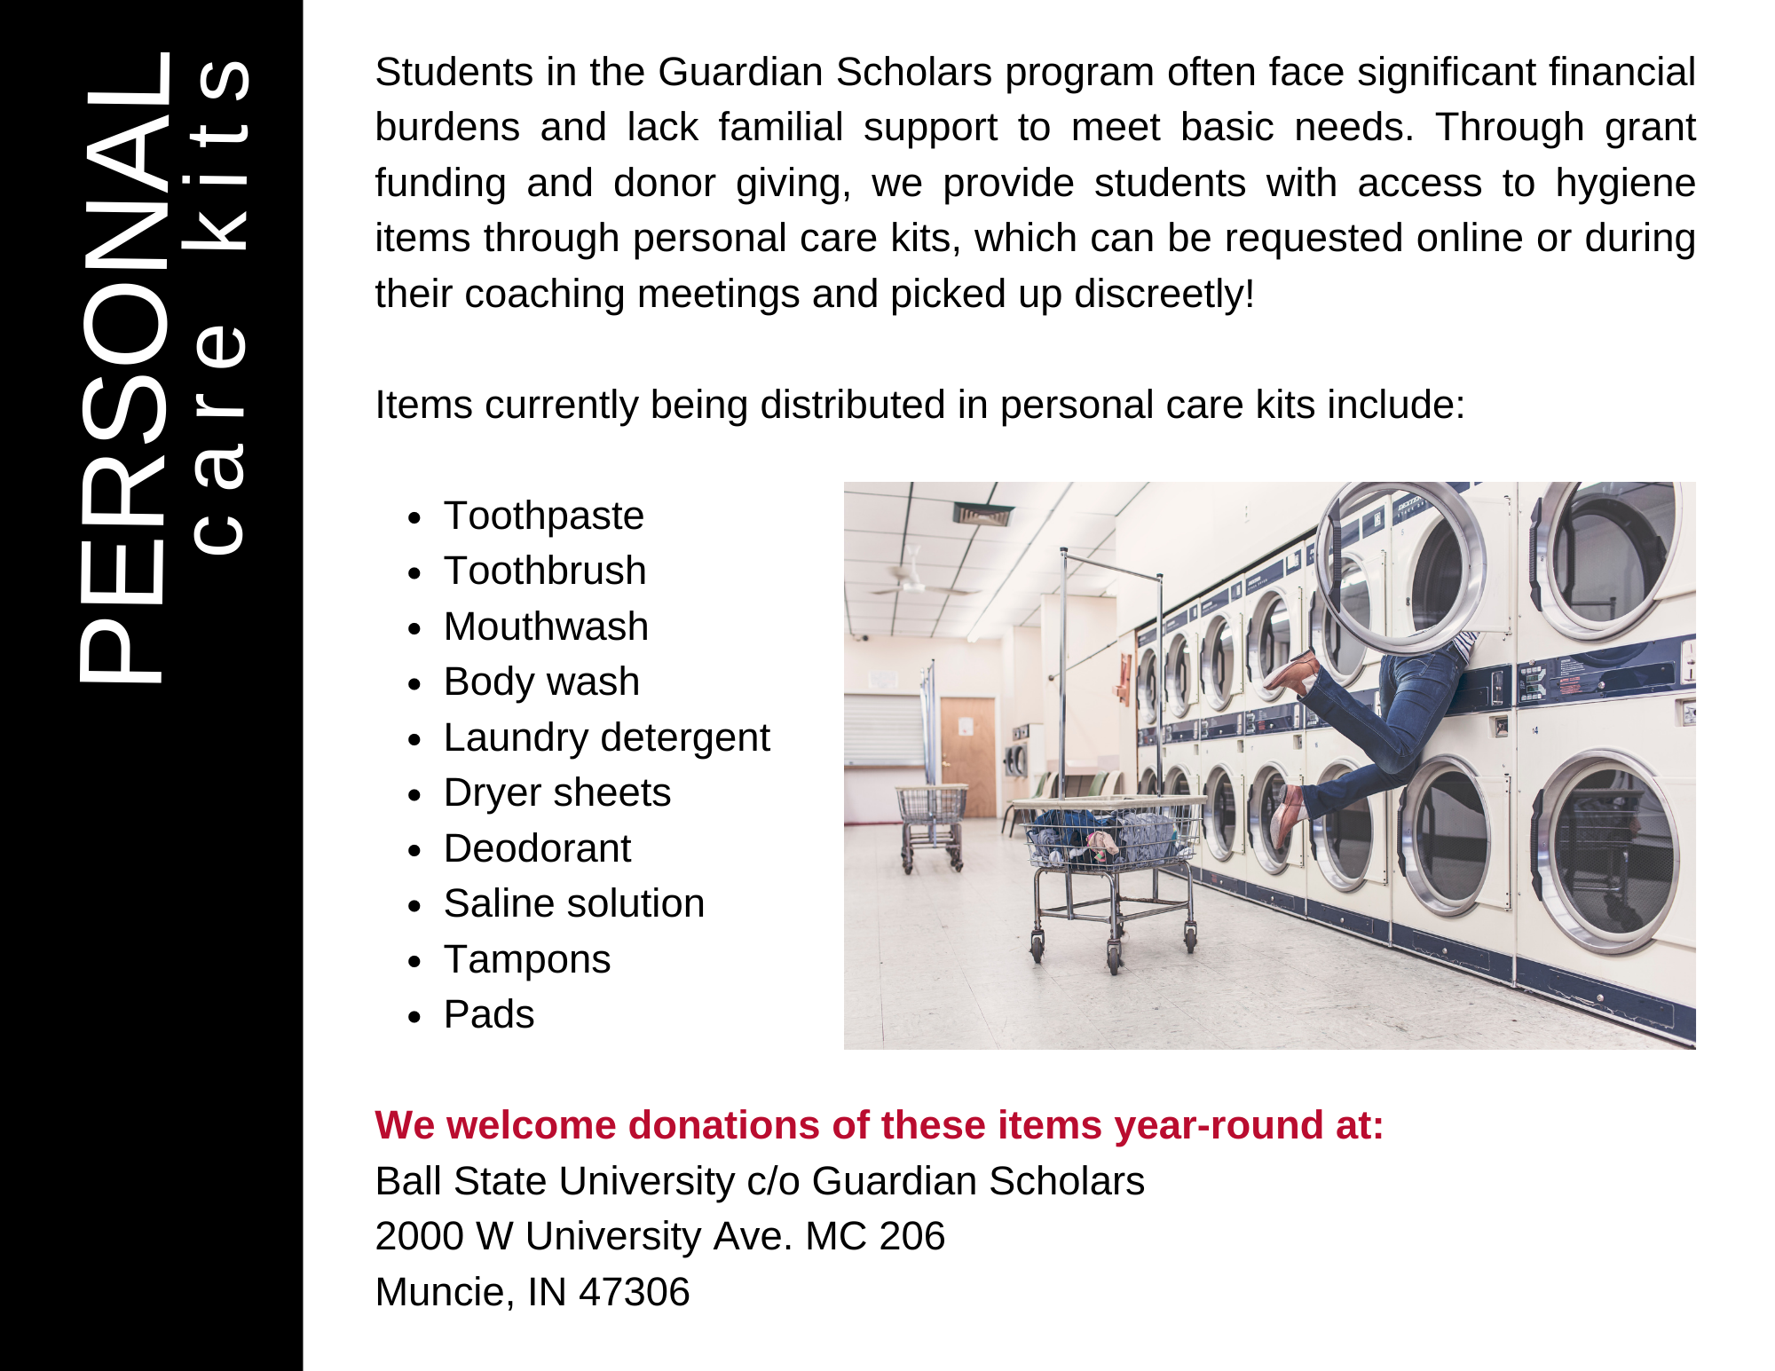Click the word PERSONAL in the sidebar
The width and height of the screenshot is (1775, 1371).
[x=124, y=368]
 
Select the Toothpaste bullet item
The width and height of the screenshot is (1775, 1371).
[x=543, y=516]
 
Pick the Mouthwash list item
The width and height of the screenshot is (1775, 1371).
[x=546, y=626]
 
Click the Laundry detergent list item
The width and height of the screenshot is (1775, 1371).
[x=606, y=737]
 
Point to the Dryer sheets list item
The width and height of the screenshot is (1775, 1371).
[x=556, y=792]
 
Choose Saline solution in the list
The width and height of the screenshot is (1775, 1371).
[x=573, y=903]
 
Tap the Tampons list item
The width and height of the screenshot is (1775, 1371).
[x=526, y=959]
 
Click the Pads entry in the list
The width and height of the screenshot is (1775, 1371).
[x=488, y=1014]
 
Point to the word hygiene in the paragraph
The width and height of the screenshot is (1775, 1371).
[x=1624, y=183]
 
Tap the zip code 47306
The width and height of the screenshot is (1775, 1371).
[x=634, y=1292]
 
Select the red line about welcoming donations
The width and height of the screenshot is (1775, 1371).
[x=879, y=1125]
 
